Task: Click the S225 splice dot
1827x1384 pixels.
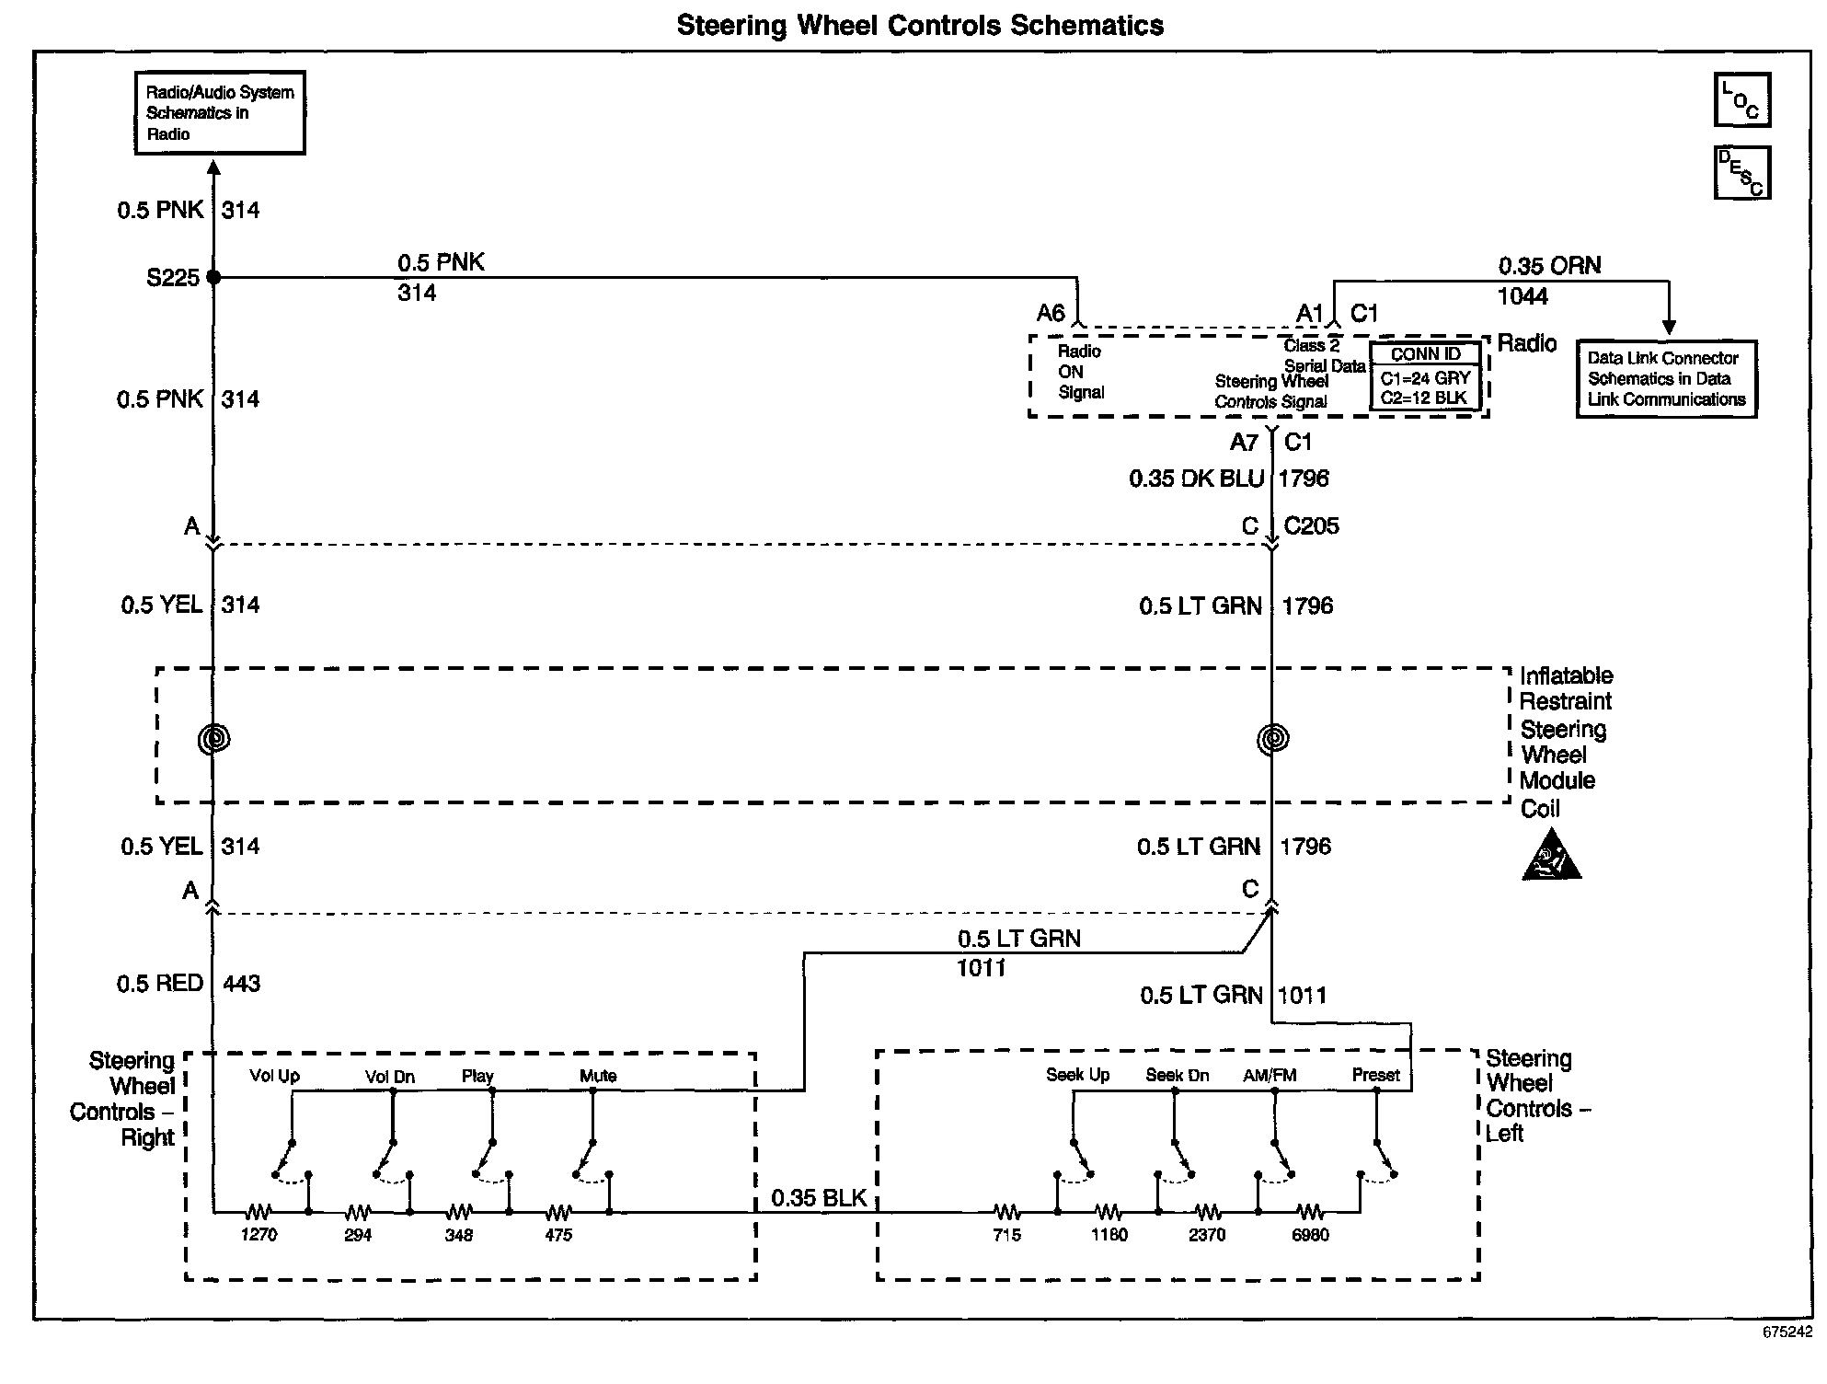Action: pyautogui.click(x=213, y=277)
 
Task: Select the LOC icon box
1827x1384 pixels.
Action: pyautogui.click(x=1741, y=100)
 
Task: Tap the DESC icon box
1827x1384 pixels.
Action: pyautogui.click(x=1741, y=172)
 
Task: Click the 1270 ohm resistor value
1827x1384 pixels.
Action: pyautogui.click(x=259, y=1235)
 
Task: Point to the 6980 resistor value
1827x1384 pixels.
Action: pyautogui.click(x=1310, y=1235)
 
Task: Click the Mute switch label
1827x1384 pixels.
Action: pyautogui.click(x=598, y=1076)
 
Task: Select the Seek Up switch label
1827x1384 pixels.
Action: pyautogui.click(x=1077, y=1075)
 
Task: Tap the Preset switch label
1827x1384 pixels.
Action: pyautogui.click(x=1375, y=1075)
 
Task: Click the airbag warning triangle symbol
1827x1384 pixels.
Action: pyautogui.click(x=1551, y=857)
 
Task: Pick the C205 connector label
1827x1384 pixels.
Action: pyautogui.click(x=1311, y=526)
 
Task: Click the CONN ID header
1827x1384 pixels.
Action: pyautogui.click(x=1425, y=354)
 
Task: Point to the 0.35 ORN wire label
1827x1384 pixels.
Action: pyautogui.click(x=1549, y=266)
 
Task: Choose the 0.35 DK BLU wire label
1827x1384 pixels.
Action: pyautogui.click(x=1196, y=479)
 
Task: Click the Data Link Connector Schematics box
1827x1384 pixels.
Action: pyautogui.click(x=1666, y=379)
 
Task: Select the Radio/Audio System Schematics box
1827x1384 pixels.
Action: pyautogui.click(x=220, y=113)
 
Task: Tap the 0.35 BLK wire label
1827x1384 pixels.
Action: pyautogui.click(x=819, y=1198)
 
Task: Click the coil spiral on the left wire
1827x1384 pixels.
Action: pyautogui.click(x=214, y=738)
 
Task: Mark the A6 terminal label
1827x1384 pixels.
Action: pyautogui.click(x=1051, y=313)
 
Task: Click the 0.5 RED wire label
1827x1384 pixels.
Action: pyautogui.click(x=160, y=984)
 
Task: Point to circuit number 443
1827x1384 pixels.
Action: pyautogui.click(x=241, y=984)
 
